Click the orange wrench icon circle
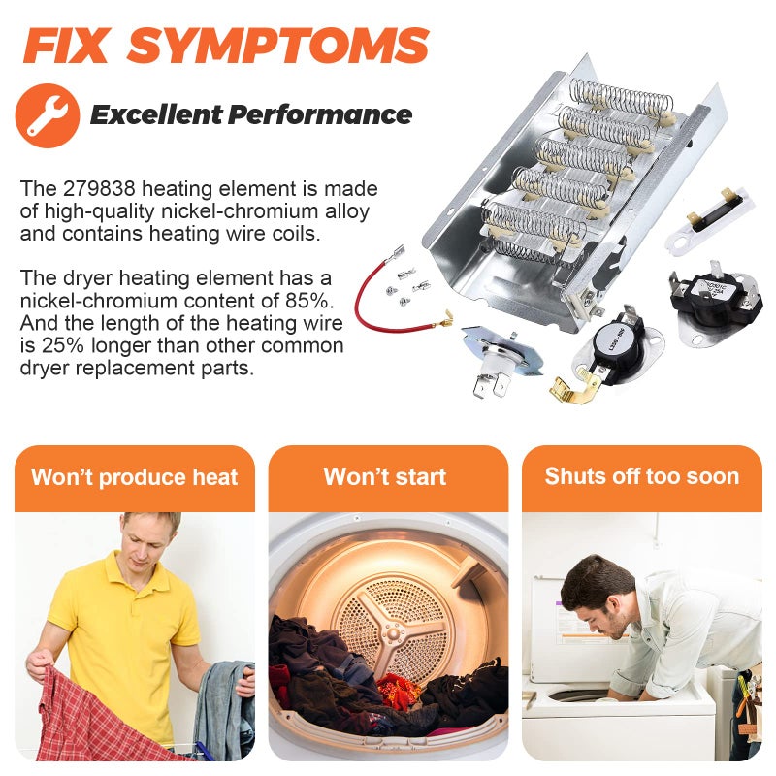(x=48, y=115)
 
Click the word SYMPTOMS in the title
(x=277, y=46)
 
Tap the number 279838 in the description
(x=99, y=188)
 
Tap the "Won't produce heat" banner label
(x=135, y=477)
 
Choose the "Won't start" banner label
(x=385, y=476)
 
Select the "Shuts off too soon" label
(x=642, y=476)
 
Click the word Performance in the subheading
(x=320, y=114)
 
